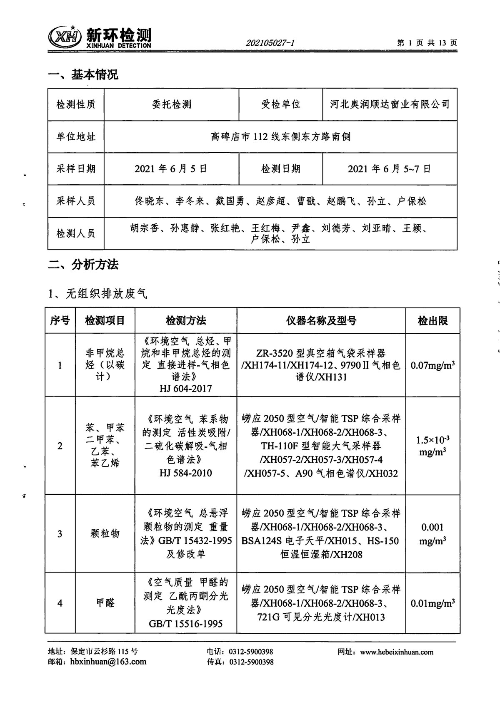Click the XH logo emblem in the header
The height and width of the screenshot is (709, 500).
pyautogui.click(x=64, y=37)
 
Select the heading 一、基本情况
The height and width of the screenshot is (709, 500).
pyautogui.click(x=83, y=74)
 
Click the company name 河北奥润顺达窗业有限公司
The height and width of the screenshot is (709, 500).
pyautogui.click(x=390, y=104)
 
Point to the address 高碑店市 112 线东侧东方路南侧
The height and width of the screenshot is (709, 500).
pyautogui.click(x=280, y=136)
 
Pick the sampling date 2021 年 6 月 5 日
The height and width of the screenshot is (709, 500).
pyautogui.click(x=171, y=169)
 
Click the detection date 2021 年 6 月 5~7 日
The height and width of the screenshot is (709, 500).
pyautogui.click(x=389, y=169)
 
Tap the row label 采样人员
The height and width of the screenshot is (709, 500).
pyautogui.click(x=76, y=201)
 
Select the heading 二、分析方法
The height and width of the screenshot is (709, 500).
pyautogui.click(x=83, y=264)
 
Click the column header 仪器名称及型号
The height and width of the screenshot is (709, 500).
pyautogui.click(x=321, y=320)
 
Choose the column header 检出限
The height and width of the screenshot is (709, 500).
pyautogui.click(x=432, y=320)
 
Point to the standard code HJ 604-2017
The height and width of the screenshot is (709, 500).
pyautogui.click(x=185, y=389)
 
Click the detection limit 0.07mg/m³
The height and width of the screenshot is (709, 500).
pyautogui.click(x=432, y=365)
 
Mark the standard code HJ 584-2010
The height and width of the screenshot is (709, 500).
pyautogui.click(x=185, y=473)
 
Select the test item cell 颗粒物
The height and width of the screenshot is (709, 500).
pyautogui.click(x=105, y=533)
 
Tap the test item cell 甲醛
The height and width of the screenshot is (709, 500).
pyautogui.click(x=105, y=602)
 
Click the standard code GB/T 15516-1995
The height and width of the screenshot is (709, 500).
pyautogui.click(x=185, y=624)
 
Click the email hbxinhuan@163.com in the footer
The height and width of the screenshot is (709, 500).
pyautogui.click(x=108, y=662)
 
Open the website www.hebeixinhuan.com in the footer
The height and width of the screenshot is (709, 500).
pyautogui.click(x=396, y=652)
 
